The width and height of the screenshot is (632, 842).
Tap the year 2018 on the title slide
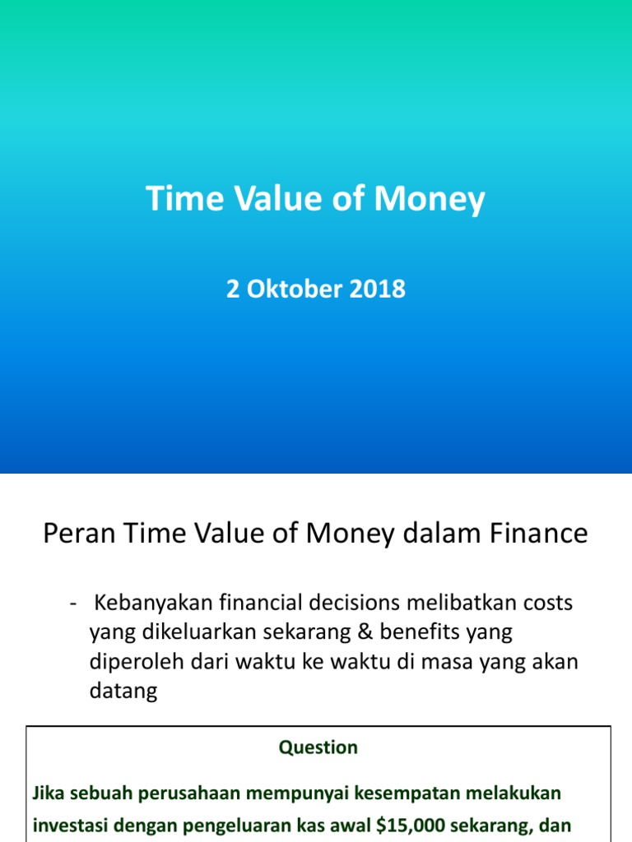coord(380,289)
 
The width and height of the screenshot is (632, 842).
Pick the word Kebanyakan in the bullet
coord(153,603)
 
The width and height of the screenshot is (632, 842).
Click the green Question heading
coord(318,747)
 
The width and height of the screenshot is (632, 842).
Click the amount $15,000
coord(399,825)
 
